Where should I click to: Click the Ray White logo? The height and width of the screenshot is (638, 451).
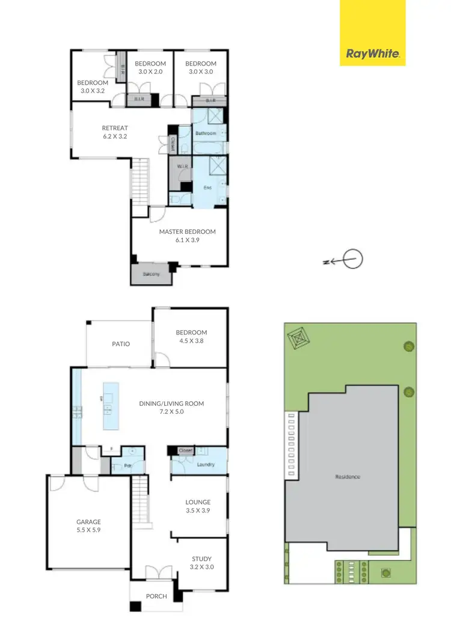pyautogui.click(x=372, y=54)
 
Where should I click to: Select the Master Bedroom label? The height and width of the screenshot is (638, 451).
pyautogui.click(x=187, y=232)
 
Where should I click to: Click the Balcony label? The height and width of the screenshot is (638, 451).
pyautogui.click(x=151, y=275)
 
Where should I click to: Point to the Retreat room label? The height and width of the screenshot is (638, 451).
pyautogui.click(x=115, y=127)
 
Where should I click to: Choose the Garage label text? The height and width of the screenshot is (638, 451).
pyautogui.click(x=88, y=522)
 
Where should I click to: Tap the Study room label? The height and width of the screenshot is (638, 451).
pyautogui.click(x=201, y=559)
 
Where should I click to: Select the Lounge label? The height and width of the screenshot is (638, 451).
pyautogui.click(x=197, y=502)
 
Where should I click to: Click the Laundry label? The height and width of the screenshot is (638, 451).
pyautogui.click(x=206, y=464)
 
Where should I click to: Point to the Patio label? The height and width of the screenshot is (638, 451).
pyautogui.click(x=121, y=344)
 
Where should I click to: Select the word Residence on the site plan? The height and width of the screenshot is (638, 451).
pyautogui.click(x=348, y=477)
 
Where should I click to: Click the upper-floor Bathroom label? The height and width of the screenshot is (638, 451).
pyautogui.click(x=206, y=133)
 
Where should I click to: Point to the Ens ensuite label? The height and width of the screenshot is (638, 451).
pyautogui.click(x=207, y=188)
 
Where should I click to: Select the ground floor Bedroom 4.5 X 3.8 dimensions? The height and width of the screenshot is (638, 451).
pyautogui.click(x=191, y=342)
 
